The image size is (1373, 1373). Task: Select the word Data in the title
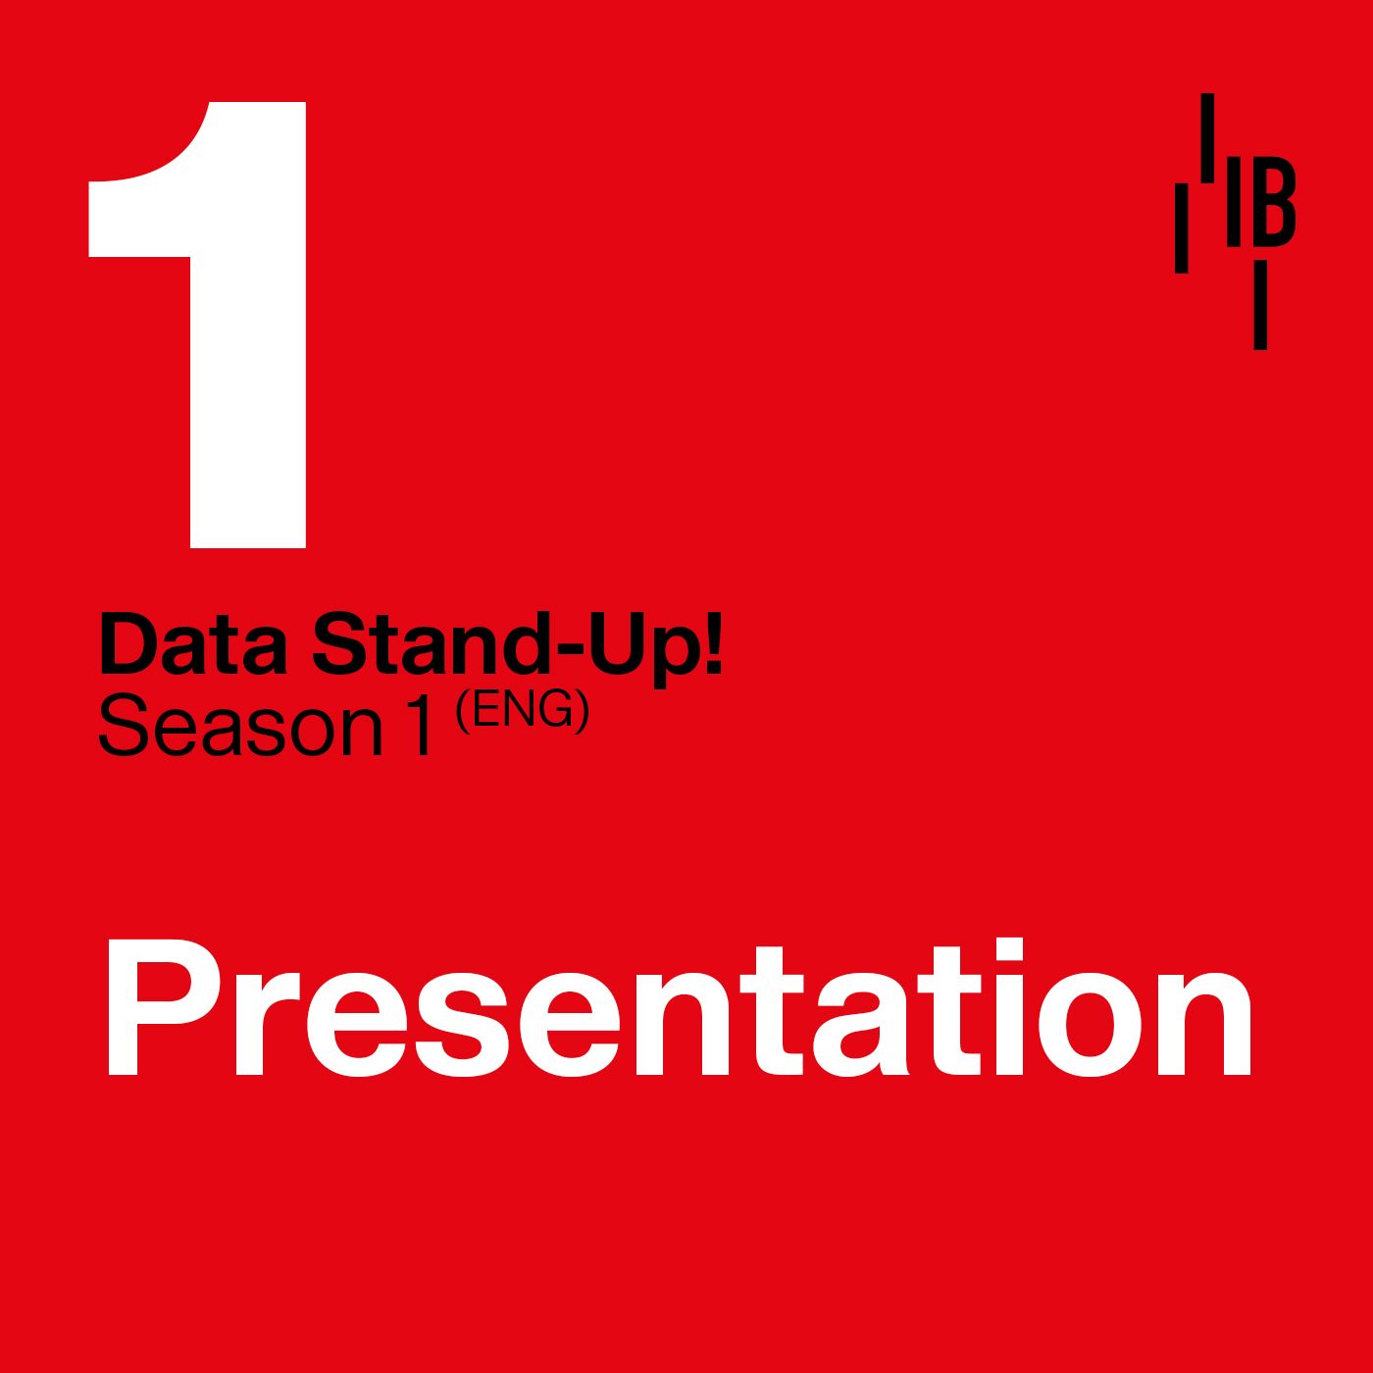[194, 645]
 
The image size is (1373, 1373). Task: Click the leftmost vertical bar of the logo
[1182, 228]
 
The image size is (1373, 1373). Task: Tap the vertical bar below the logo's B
[1260, 305]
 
